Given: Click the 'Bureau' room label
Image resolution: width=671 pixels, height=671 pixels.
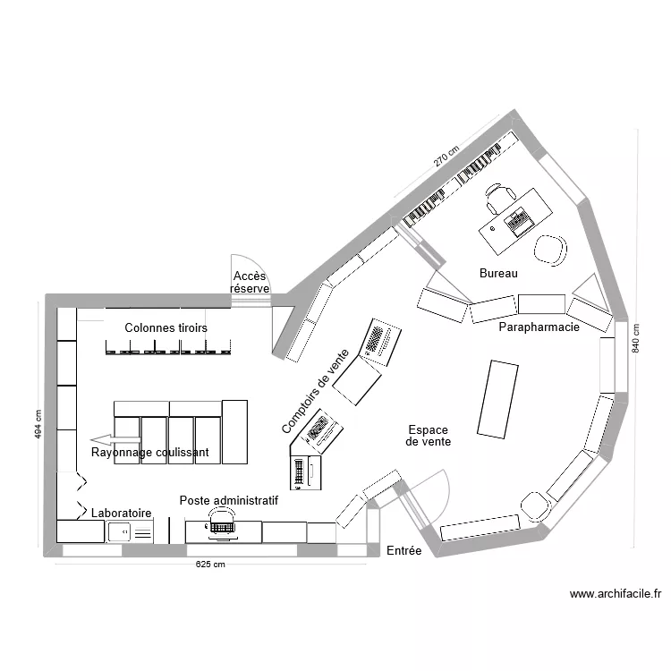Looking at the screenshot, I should (x=498, y=274).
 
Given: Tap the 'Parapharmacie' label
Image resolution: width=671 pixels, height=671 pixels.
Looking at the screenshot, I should (x=539, y=327).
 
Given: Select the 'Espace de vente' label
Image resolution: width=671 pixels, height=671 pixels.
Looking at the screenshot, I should (x=428, y=436).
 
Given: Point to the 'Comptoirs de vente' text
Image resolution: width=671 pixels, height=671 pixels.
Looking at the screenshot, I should (x=316, y=392).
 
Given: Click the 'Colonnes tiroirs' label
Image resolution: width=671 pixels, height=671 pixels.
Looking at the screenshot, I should (x=166, y=328).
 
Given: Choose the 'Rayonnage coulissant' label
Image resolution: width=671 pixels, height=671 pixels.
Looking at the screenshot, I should (x=150, y=453).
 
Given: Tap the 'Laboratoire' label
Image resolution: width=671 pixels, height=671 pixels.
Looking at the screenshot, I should (x=121, y=514).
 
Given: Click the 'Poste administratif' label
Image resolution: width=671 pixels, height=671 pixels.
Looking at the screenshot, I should (x=228, y=501).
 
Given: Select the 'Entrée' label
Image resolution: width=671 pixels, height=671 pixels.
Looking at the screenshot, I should (x=403, y=552).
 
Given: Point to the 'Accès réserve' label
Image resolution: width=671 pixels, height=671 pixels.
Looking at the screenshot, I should (x=251, y=283).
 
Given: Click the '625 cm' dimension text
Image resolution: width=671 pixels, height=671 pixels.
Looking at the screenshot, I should (x=211, y=565).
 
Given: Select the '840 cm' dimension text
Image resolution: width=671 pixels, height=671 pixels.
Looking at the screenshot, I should (x=636, y=337).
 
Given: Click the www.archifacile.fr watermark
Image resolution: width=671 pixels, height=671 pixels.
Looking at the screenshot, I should (x=615, y=593).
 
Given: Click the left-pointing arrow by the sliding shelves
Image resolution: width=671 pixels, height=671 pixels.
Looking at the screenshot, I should (x=115, y=439).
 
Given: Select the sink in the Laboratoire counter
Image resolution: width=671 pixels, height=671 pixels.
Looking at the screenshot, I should (x=119, y=532).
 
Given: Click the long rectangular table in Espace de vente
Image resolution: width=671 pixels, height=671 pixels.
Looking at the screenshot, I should (x=497, y=399).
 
